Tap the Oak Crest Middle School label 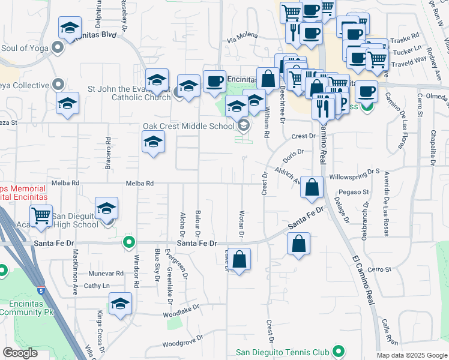[188, 126]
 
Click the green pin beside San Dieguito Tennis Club [339, 351]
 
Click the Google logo [20, 353]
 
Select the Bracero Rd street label [109, 152]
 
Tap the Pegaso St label [353, 192]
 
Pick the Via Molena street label [242, 40]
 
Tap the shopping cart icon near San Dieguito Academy [41, 215]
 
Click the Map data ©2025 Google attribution [412, 355]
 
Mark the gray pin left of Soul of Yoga [58, 46]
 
